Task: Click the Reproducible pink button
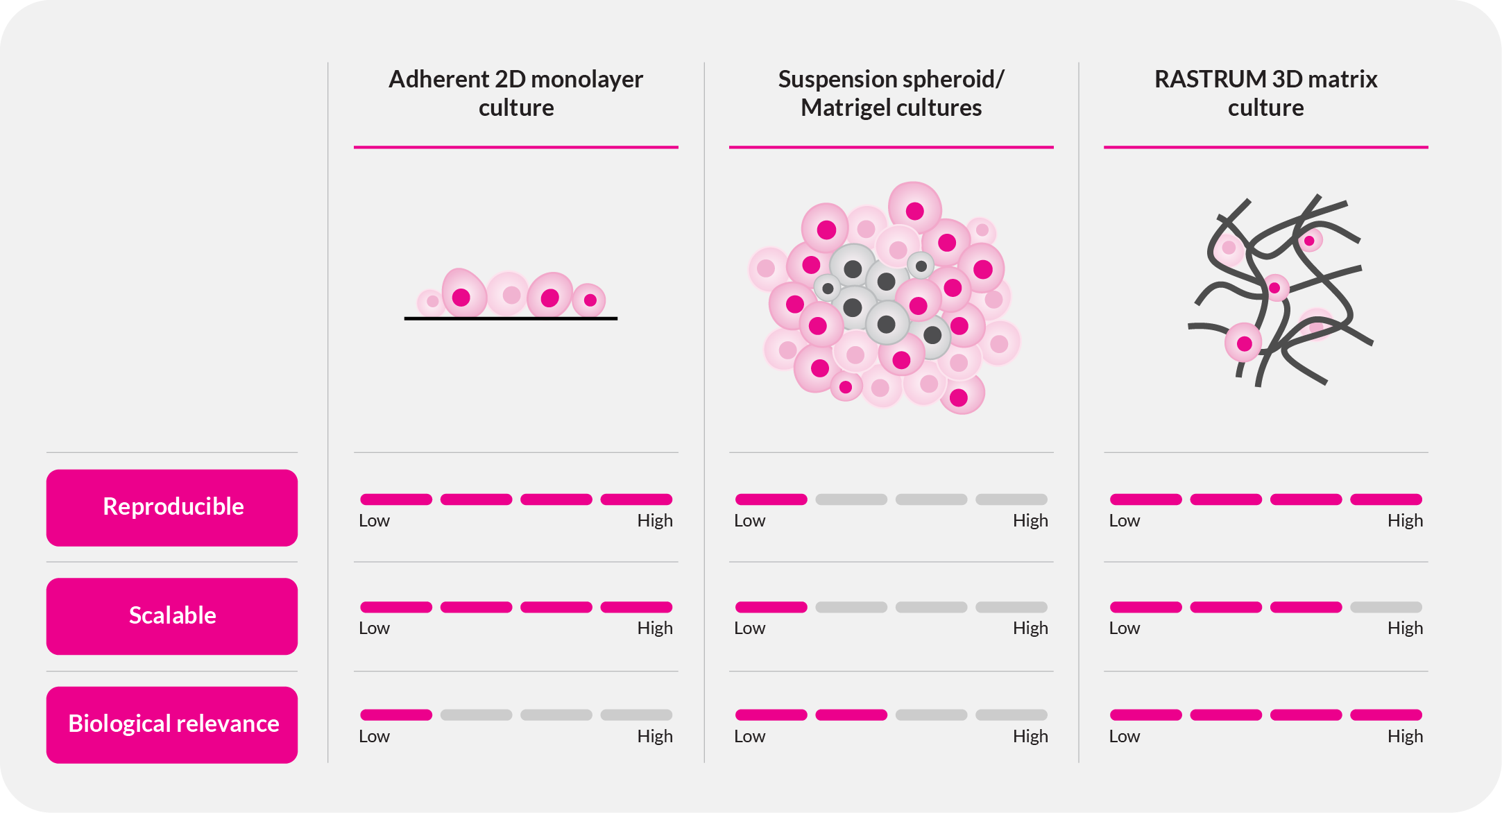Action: click(x=172, y=507)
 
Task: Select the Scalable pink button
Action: click(x=172, y=616)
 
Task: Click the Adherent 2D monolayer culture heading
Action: click(x=515, y=93)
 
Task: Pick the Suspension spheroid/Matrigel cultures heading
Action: click(x=891, y=93)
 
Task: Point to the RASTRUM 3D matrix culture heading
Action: click(x=1265, y=93)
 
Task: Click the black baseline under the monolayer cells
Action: click(x=511, y=318)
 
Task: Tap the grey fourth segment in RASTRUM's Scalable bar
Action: click(x=1385, y=607)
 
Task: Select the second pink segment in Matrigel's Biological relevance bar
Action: click(x=851, y=715)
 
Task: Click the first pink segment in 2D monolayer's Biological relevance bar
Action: click(x=395, y=715)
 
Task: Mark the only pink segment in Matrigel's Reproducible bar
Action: click(x=771, y=499)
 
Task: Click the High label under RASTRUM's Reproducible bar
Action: click(x=1405, y=521)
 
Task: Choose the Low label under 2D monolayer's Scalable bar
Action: click(x=374, y=628)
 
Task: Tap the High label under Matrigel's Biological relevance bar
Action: click(x=1030, y=737)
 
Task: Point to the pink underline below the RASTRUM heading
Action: click(x=1265, y=147)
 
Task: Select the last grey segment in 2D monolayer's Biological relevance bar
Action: click(x=635, y=715)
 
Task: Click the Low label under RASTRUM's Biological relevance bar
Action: click(x=1124, y=737)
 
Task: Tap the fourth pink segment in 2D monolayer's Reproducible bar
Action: click(x=635, y=499)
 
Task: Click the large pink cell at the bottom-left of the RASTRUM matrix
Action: click(x=1243, y=343)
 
